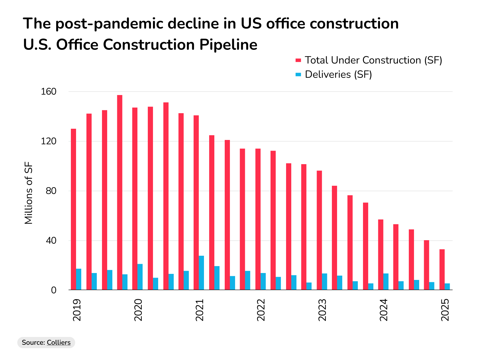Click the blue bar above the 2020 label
point(140,277)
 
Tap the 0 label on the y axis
point(54,290)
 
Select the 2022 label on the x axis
point(261,310)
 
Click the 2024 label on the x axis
point(384,310)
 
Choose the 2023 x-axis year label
point(322,310)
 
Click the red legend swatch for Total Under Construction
point(298,60)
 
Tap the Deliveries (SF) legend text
point(338,75)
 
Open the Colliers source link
point(58,342)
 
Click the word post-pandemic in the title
point(110,24)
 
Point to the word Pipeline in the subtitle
point(228,45)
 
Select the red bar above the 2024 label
point(381,255)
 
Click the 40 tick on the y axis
point(51,241)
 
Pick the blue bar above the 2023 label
point(324,281)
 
